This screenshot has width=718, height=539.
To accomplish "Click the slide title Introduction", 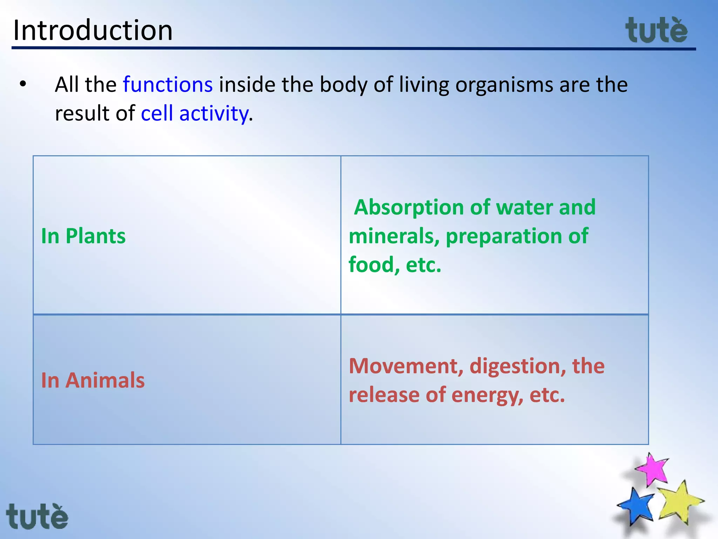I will click(x=93, y=30).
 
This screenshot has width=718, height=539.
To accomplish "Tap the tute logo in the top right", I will click(x=656, y=31).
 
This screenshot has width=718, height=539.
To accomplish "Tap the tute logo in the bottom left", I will click(x=37, y=517).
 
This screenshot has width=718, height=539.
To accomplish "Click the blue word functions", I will click(x=168, y=85).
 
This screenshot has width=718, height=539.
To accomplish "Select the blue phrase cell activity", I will click(x=195, y=113).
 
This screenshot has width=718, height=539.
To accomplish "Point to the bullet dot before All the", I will click(x=23, y=84).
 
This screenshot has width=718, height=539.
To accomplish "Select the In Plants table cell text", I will click(x=83, y=236).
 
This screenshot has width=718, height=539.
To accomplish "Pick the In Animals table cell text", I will click(x=93, y=380).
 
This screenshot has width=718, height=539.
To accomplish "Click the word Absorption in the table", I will click(x=409, y=207).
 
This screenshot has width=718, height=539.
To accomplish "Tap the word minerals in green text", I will click(x=393, y=236).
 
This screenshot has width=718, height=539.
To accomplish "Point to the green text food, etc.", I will click(x=395, y=265).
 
